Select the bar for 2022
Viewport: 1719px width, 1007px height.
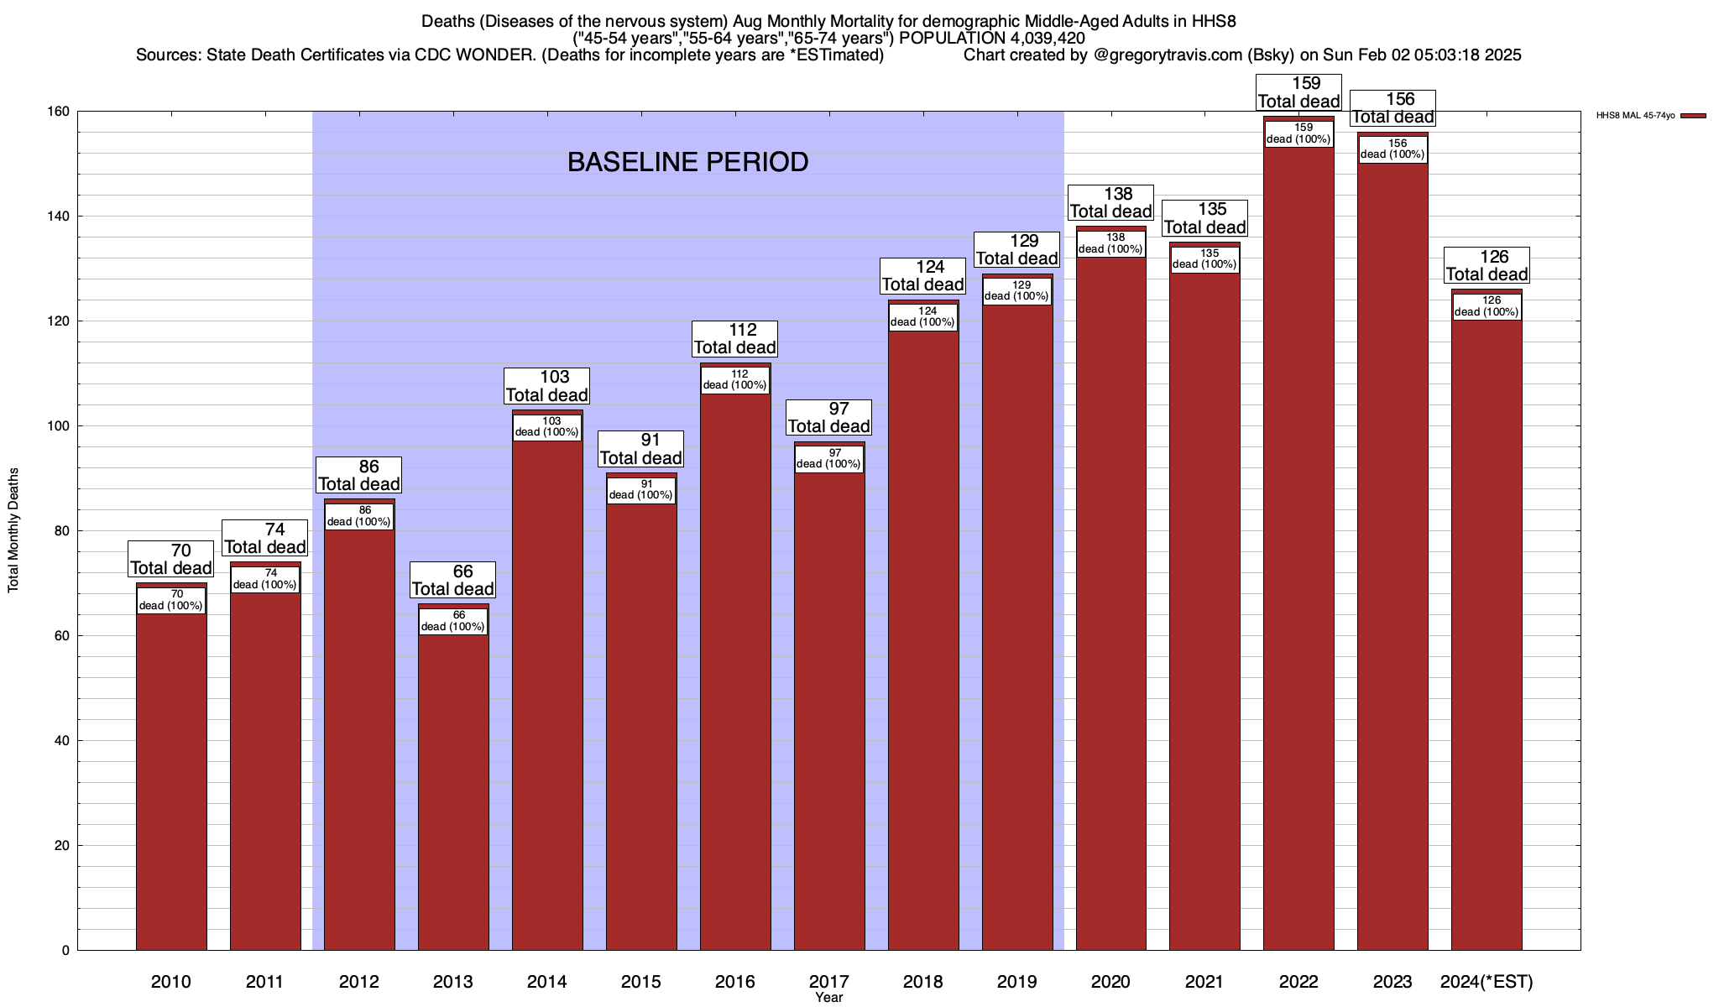(1298, 545)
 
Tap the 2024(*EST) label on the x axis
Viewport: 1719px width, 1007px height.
(1486, 981)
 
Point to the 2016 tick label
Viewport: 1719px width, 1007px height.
(735, 981)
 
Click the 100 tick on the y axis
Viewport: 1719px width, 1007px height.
(59, 426)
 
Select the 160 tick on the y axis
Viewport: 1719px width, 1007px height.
(59, 112)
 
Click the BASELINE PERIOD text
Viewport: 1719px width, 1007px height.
(687, 162)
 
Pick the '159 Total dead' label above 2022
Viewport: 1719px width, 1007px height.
(1298, 93)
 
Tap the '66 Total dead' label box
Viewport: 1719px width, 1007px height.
(453, 581)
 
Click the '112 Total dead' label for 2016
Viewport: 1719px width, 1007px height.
(735, 339)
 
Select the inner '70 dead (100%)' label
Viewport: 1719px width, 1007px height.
(171, 600)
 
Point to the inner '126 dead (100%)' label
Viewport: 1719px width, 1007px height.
(1486, 306)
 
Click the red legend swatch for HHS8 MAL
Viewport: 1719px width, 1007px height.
(1693, 116)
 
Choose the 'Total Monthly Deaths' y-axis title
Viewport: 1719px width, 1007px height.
(13, 530)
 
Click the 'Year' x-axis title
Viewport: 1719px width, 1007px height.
(828, 998)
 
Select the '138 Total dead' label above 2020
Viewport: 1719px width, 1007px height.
(1110, 203)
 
